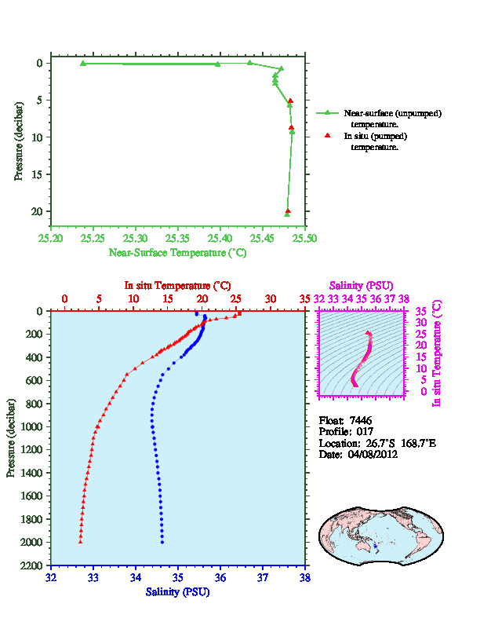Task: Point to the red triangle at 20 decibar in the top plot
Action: click(288, 210)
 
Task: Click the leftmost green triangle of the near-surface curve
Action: click(83, 63)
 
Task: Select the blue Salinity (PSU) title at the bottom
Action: click(177, 591)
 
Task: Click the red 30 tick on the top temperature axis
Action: click(271, 299)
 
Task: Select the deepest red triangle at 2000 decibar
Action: click(81, 542)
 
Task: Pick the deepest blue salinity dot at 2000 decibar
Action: click(162, 542)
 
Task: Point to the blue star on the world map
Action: click(376, 546)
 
